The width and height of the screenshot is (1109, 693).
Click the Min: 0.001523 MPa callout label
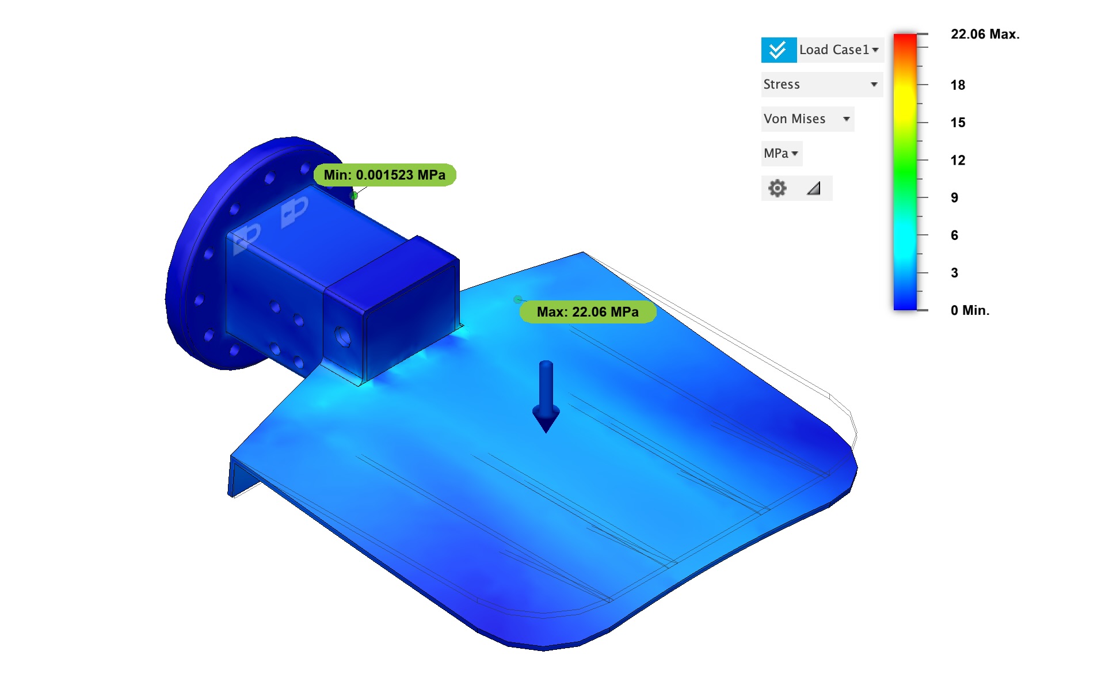384,175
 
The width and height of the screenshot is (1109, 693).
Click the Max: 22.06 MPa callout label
588,312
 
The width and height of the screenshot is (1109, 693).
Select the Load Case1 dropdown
840,50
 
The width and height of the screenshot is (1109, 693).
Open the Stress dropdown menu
821,85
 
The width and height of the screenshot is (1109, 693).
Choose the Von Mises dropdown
807,119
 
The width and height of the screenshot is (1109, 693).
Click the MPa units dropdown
781,154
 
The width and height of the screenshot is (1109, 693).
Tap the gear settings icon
778,188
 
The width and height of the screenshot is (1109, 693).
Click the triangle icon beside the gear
814,188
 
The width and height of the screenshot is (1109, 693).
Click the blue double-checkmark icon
779,50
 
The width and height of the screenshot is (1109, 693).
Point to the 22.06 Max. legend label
985,35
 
